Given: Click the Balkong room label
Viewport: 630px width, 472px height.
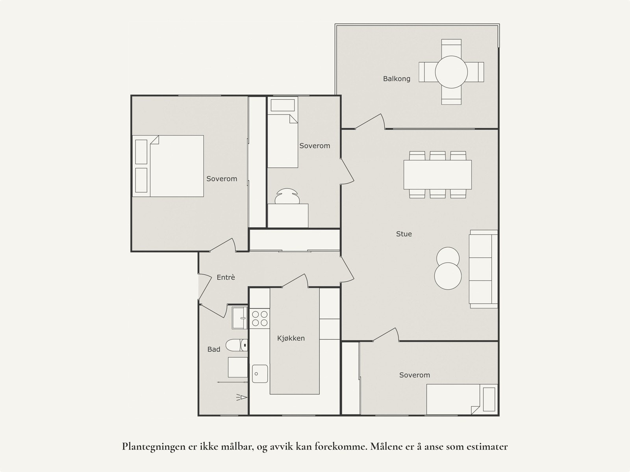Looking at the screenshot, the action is point(397,79).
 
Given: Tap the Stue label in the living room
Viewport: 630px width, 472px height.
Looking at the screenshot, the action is point(404,234).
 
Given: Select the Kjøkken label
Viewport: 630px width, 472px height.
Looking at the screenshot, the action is point(291,338).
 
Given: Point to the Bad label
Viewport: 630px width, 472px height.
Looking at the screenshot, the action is point(214,349).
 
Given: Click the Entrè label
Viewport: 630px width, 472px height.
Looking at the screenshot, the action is point(226,277).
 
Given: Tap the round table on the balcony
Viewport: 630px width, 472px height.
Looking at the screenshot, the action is point(451,72).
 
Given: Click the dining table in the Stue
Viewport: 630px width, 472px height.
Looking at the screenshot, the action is point(437,175).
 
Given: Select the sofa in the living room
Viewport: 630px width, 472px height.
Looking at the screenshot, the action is point(484,269).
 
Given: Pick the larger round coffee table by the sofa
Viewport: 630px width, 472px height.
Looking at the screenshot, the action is point(448,276).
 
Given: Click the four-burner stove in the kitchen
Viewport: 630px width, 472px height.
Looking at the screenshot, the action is point(259,319).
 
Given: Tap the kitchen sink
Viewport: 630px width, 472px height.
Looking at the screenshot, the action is point(260,374).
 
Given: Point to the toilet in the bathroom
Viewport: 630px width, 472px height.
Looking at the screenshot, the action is point(237,345).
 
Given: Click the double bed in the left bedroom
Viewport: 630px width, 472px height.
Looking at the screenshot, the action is point(168,166).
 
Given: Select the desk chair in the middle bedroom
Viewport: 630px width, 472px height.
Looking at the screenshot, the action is point(287,196).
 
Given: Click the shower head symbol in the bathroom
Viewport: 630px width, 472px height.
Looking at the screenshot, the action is point(242,398).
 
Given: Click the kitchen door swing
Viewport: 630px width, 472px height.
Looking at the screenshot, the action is point(295,281).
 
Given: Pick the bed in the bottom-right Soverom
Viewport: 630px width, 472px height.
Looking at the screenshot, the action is point(462,400).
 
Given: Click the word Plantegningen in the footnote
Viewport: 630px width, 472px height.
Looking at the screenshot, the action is point(153,447).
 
